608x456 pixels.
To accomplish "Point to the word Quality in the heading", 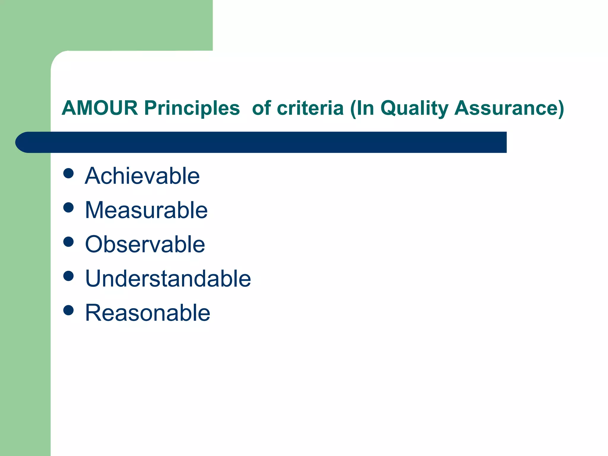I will click(414, 108).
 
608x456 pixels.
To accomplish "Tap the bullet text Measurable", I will click(146, 210).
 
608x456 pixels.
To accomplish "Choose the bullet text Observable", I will click(145, 244).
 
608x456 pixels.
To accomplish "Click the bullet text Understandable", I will click(168, 278).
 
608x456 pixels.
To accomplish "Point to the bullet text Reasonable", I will click(148, 313).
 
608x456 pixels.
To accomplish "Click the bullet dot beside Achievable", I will click(69, 173).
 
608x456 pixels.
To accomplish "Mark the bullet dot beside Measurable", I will click(69, 208).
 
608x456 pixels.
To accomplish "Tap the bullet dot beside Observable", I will click(69, 242).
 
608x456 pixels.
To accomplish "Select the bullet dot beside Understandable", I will click(69, 276).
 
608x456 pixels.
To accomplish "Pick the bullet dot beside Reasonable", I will click(69, 310).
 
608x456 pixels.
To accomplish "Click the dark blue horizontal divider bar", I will click(267, 142).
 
